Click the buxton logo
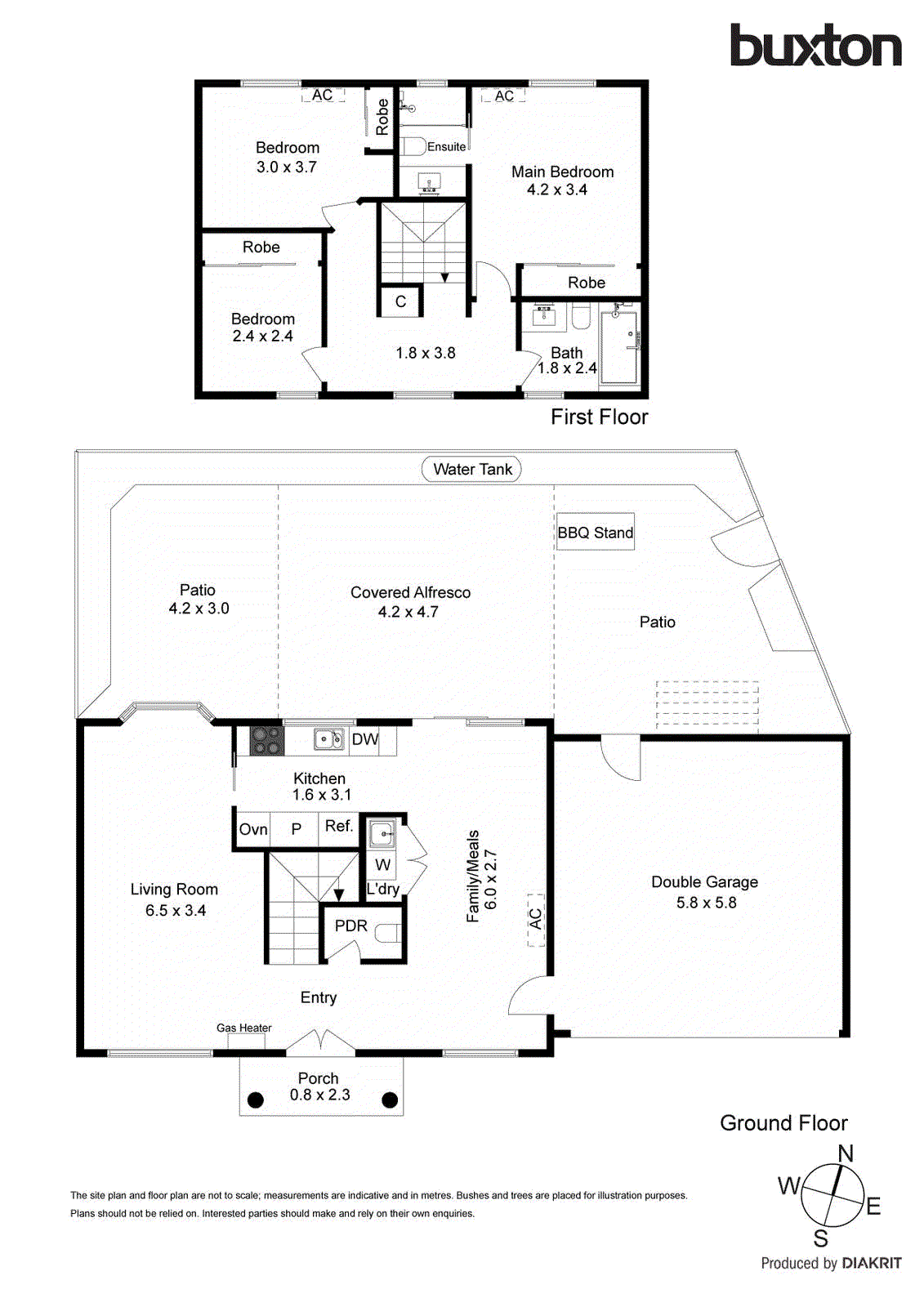pyautogui.click(x=815, y=46)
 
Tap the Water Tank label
pyautogui.click(x=471, y=470)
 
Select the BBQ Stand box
pyautogui.click(x=596, y=532)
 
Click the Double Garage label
pyautogui.click(x=704, y=882)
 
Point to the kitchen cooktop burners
pyautogui.click(x=266, y=740)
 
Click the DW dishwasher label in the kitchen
pyautogui.click(x=364, y=739)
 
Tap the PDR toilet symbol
pyautogui.click(x=389, y=933)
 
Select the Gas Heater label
pyautogui.click(x=243, y=1028)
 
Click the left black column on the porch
pyautogui.click(x=256, y=1100)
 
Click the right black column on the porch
pyautogui.click(x=390, y=1100)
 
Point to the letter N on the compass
pyautogui.click(x=846, y=1153)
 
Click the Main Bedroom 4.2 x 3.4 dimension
pyautogui.click(x=557, y=190)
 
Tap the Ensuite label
pyautogui.click(x=446, y=147)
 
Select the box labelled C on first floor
pyautogui.click(x=400, y=301)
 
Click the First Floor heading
pyautogui.click(x=599, y=417)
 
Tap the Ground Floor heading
pyautogui.click(x=783, y=1123)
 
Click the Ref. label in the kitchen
pyautogui.click(x=339, y=826)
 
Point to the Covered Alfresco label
pyautogui.click(x=410, y=592)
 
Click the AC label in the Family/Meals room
pyautogui.click(x=536, y=919)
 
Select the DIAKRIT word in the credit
pyautogui.click(x=871, y=1263)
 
